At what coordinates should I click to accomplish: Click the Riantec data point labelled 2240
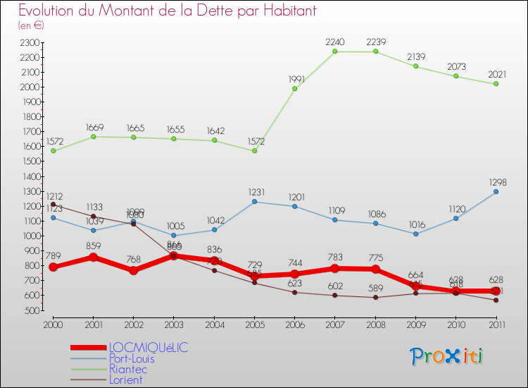tap(335, 51)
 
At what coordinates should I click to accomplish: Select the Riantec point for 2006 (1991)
tap(295, 88)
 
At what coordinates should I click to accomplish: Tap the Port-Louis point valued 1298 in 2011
tap(496, 191)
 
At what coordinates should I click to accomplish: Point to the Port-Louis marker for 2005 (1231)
tap(254, 202)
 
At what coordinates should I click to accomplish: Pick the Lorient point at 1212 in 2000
tap(53, 205)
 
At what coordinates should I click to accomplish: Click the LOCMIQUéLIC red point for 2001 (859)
tap(93, 257)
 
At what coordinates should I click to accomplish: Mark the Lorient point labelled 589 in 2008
tap(375, 297)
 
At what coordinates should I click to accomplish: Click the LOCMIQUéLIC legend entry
tap(149, 348)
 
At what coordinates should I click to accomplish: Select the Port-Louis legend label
tap(132, 358)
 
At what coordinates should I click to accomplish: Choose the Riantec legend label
tap(127, 369)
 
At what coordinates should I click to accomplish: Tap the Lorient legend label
tap(126, 380)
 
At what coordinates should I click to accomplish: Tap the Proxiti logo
tap(447, 356)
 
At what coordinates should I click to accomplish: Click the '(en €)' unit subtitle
tap(31, 25)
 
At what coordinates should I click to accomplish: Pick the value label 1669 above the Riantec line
tap(94, 128)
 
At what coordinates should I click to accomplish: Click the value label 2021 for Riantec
tap(496, 75)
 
